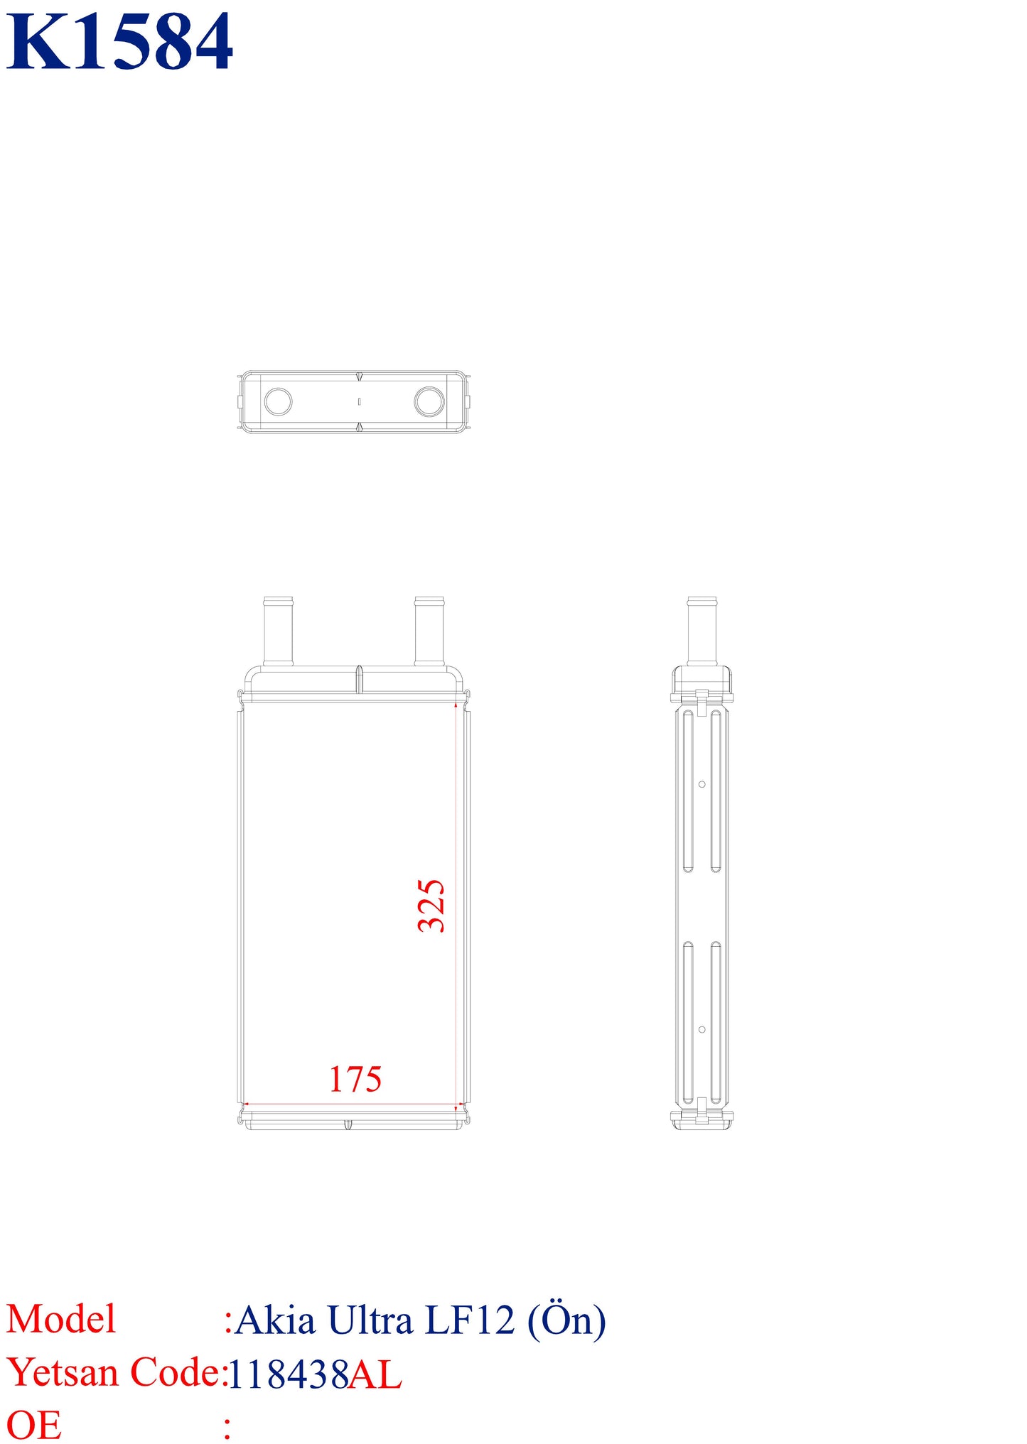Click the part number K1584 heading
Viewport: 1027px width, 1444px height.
119,42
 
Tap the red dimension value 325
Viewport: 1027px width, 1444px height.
431,906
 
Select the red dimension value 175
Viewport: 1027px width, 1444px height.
355,1080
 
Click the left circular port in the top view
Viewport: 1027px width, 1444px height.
278,401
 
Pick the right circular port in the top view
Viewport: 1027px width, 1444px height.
429,401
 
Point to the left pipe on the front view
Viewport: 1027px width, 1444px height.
278,631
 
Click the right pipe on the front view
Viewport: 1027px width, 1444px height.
429,631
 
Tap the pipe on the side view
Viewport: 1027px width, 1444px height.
702,631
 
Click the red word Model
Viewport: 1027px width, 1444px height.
61,1320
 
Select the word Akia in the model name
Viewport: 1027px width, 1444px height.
275,1320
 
